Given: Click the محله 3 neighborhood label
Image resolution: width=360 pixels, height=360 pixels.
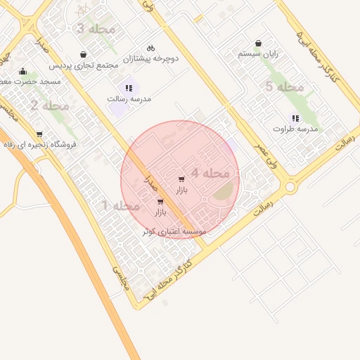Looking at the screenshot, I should pyautogui.click(x=91, y=29).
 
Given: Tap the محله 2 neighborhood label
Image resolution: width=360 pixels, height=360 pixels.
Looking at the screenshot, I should pyautogui.click(x=49, y=106).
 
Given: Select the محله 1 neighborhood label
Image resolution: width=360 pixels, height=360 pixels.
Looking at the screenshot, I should pyautogui.click(x=121, y=206).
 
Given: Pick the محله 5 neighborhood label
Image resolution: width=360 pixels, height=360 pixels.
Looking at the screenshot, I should pyautogui.click(x=284, y=86).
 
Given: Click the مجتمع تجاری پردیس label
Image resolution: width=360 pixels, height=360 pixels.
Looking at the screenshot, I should pyautogui.click(x=84, y=65).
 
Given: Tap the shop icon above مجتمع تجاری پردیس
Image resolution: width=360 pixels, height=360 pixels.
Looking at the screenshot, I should pyautogui.click(x=84, y=54).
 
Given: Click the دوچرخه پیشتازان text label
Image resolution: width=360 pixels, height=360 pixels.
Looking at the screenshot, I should pyautogui.click(x=151, y=58).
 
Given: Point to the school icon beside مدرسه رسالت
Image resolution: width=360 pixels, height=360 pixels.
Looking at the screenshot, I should pyautogui.click(x=129, y=88).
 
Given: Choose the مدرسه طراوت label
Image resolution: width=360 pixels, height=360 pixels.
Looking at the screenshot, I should pyautogui.click(x=295, y=129).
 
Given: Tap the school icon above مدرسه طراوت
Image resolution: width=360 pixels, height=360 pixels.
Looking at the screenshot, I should pyautogui.click(x=295, y=118).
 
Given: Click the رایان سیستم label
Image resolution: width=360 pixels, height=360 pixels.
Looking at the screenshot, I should pyautogui.click(x=258, y=53).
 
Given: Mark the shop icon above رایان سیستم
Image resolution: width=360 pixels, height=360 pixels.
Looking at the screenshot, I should pyautogui.click(x=258, y=43).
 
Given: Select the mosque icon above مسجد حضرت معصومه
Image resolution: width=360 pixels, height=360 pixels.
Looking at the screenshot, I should pyautogui.click(x=23, y=71).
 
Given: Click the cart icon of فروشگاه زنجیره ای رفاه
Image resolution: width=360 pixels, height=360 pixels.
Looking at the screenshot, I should pyautogui.click(x=39, y=134).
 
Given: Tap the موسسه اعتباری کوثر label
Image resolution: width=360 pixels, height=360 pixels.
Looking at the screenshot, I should pyautogui.click(x=174, y=231).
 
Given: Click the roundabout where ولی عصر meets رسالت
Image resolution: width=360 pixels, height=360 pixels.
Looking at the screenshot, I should pyautogui.click(x=290, y=187).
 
